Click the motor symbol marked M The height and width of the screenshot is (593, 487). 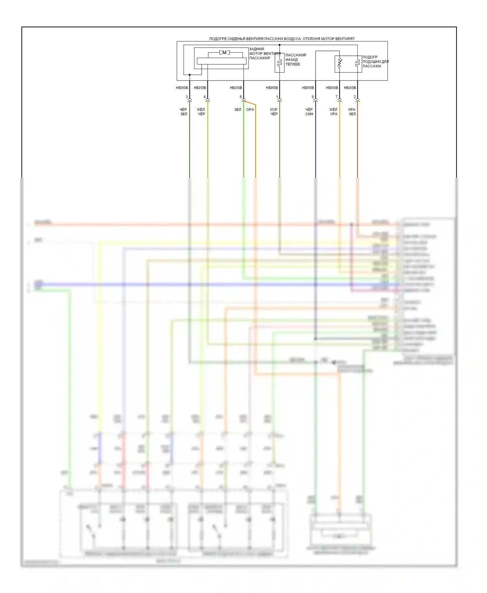pyautogui.click(x=224, y=53)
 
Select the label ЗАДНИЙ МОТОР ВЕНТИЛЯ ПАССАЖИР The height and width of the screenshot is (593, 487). pyautogui.click(x=265, y=54)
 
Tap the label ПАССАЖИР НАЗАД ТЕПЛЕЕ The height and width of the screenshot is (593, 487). pyautogui.click(x=295, y=60)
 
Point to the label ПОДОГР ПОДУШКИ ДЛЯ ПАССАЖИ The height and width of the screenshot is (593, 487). pyautogui.click(x=375, y=62)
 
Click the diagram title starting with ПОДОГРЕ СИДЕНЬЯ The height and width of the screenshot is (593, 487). pyautogui.click(x=282, y=39)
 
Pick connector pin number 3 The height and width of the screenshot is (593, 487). pyautogui.click(x=187, y=97)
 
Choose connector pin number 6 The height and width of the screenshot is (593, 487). pyautogui.click(x=205, y=97)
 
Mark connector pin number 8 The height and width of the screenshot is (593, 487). pyautogui.click(x=241, y=97)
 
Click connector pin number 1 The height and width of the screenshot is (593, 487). pyautogui.click(x=277, y=97)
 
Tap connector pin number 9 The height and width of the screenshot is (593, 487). pyautogui.click(x=313, y=97)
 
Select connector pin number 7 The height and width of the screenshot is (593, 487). pyautogui.click(x=337, y=97)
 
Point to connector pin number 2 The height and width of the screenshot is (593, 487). pyautogui.click(x=355, y=97)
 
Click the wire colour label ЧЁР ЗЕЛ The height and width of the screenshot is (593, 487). pyautogui.click(x=183, y=112)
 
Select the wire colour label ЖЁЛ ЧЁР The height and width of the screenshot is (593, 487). pyautogui.click(x=201, y=112)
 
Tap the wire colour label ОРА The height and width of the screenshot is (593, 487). pyautogui.click(x=250, y=110)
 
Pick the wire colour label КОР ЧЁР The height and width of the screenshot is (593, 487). pyautogui.click(x=274, y=112)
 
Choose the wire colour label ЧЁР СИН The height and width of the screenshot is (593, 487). pyautogui.click(x=309, y=112)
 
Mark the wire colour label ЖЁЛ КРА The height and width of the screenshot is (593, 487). pyautogui.click(x=333, y=112)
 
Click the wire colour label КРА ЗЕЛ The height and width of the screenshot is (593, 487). pyautogui.click(x=352, y=112)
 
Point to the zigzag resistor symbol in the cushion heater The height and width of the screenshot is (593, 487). pyautogui.click(x=340, y=63)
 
